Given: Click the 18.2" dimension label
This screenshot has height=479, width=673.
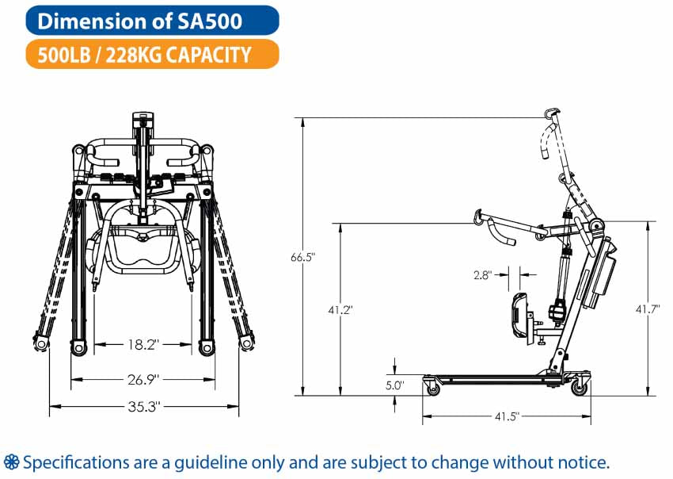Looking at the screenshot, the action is [143, 344].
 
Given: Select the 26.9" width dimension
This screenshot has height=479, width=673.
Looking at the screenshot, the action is [143, 380].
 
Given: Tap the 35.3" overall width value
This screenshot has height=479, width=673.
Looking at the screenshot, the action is [144, 406].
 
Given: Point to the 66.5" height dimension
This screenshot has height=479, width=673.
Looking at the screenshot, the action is [302, 258].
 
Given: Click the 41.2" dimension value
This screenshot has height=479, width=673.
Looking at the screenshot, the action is [340, 309].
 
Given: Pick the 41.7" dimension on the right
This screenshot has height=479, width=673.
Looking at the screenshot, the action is [647, 308].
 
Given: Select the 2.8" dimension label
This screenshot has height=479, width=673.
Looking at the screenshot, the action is [483, 274].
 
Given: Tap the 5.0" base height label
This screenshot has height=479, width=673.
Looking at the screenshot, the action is [395, 385].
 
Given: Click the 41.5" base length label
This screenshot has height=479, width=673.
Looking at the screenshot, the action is [507, 416].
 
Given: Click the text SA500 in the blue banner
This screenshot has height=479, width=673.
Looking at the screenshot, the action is [210, 21].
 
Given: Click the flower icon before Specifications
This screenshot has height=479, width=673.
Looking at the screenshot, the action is [11, 462].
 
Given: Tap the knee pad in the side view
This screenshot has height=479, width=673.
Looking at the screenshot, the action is [519, 318].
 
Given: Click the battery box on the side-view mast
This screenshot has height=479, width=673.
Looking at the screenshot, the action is [600, 273].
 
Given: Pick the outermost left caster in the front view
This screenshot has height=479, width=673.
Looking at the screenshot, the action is [40, 343].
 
